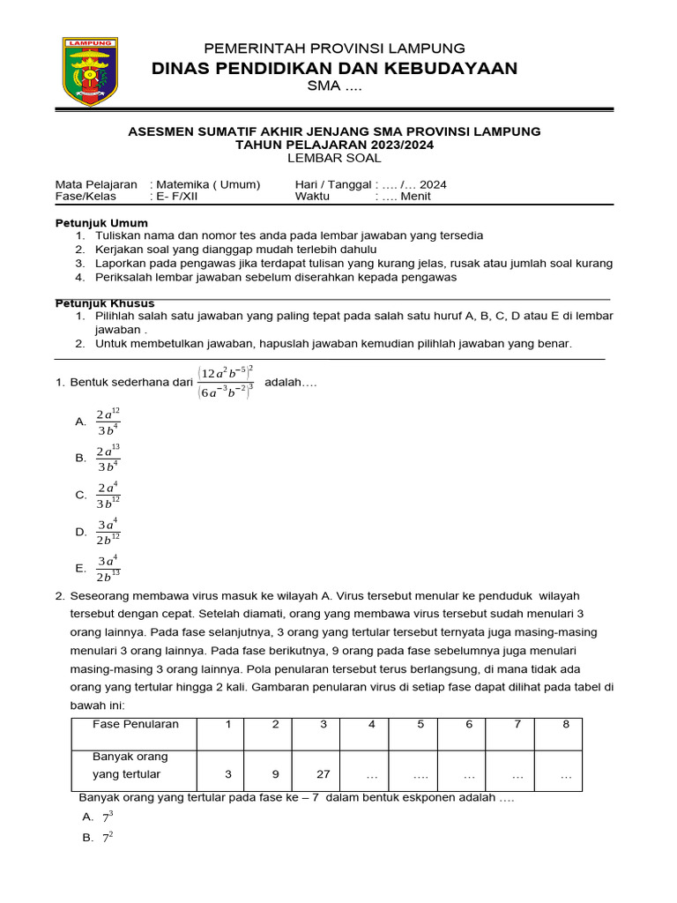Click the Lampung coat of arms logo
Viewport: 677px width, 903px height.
(88, 72)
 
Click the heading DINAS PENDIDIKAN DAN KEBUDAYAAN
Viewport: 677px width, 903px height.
(334, 68)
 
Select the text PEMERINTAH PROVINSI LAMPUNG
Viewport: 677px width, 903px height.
(334, 48)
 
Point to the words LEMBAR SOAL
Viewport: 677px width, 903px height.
(334, 158)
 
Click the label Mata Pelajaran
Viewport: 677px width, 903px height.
(96, 184)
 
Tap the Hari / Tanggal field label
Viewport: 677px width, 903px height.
(333, 184)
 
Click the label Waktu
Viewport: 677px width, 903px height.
(312, 197)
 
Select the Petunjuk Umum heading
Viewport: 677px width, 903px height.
(101, 223)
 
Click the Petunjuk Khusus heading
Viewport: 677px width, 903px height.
(105, 303)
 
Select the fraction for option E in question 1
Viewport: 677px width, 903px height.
(108, 569)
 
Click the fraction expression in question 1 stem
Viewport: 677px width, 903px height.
(227, 382)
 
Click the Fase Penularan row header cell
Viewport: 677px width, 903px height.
(136, 724)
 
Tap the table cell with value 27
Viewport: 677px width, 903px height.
(324, 774)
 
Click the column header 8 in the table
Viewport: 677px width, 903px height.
(566, 724)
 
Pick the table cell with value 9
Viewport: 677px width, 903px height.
(275, 774)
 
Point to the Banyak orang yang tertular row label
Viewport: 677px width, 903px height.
(130, 765)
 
